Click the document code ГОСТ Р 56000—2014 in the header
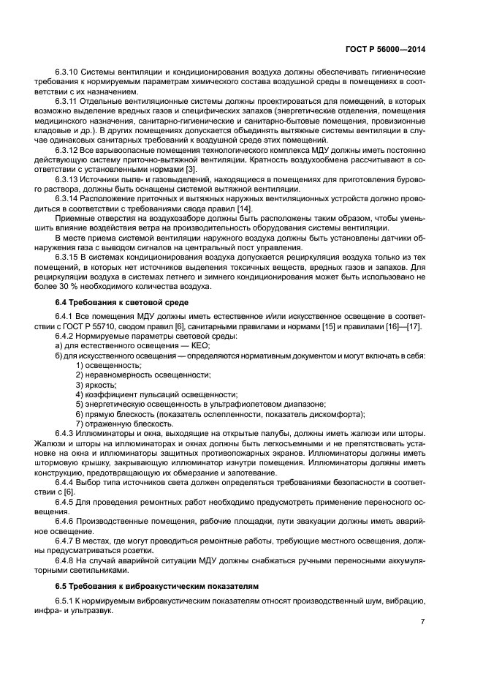387,49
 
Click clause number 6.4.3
66,432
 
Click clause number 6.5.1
66,601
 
